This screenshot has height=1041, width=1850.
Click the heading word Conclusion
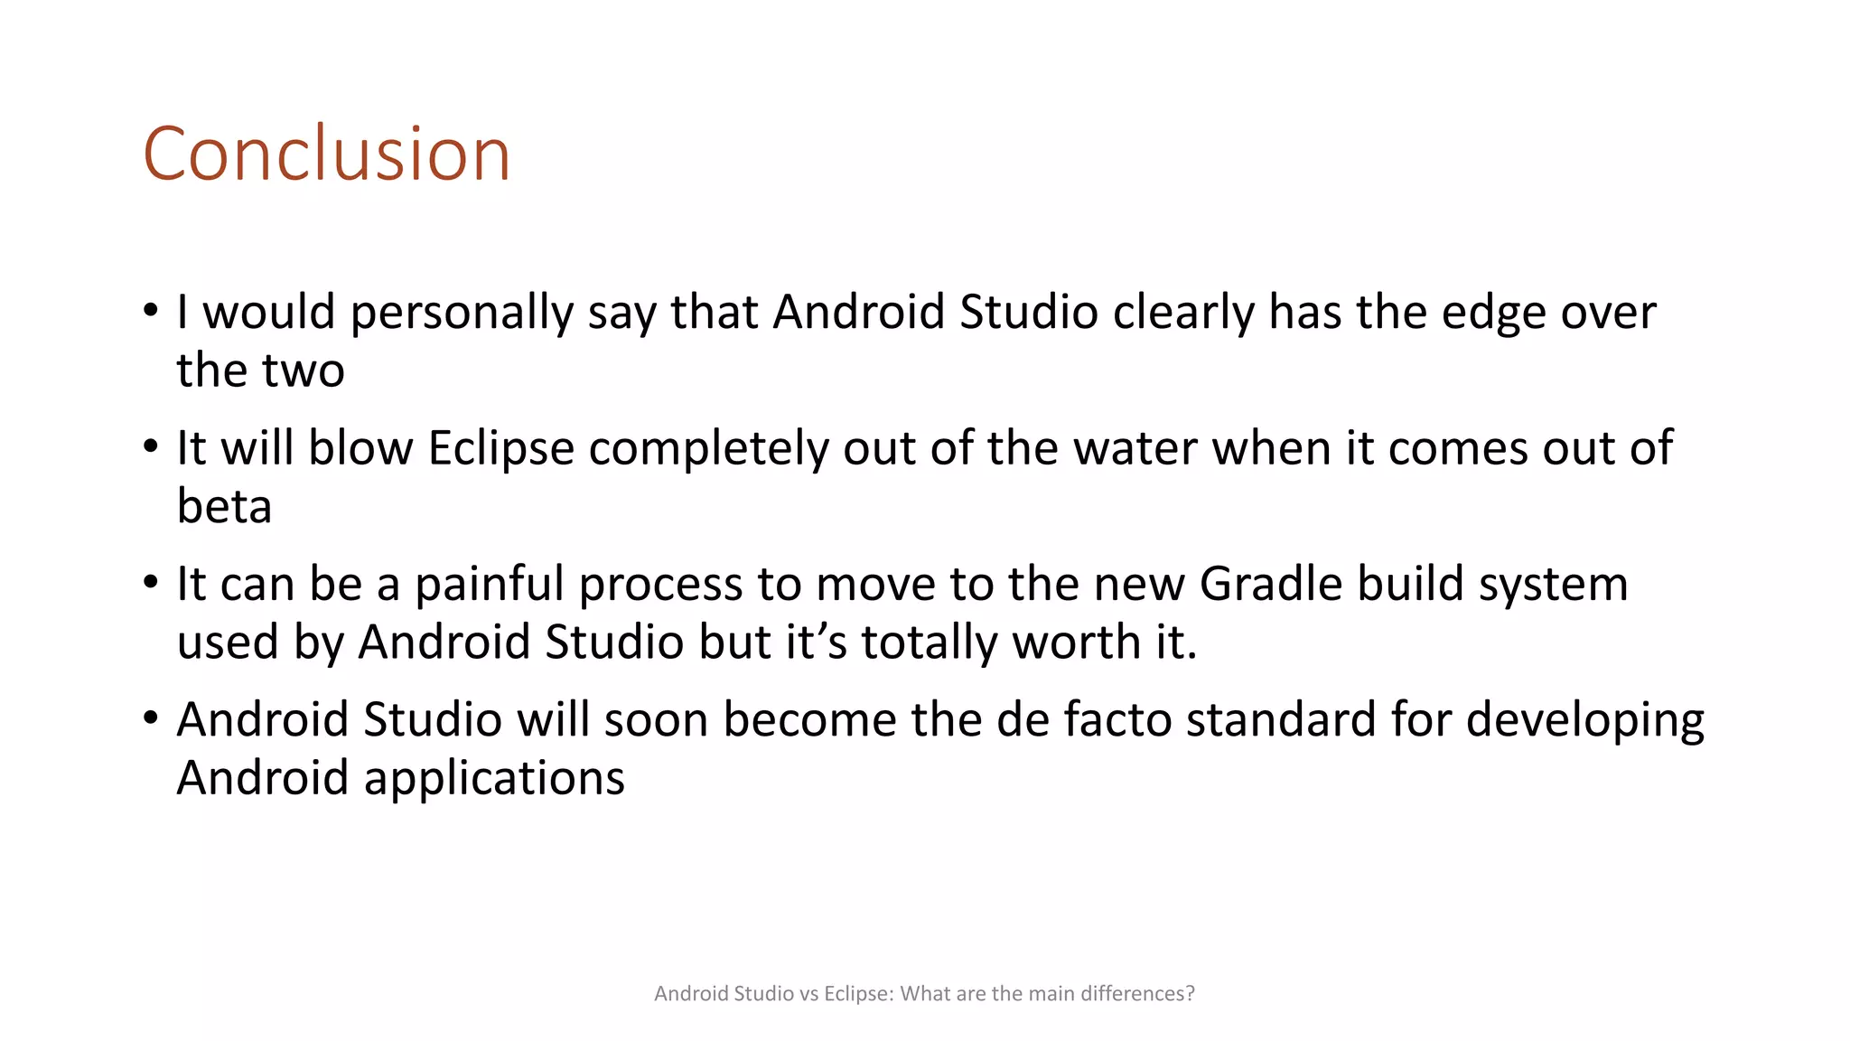pos(326,155)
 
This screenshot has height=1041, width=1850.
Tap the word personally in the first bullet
pos(462,313)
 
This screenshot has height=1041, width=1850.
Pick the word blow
pos(360,448)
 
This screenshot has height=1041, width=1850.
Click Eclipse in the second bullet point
pos(501,448)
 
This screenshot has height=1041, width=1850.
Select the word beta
pos(224,507)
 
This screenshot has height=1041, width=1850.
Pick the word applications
pos(494,779)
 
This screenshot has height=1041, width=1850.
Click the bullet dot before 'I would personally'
pos(151,311)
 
